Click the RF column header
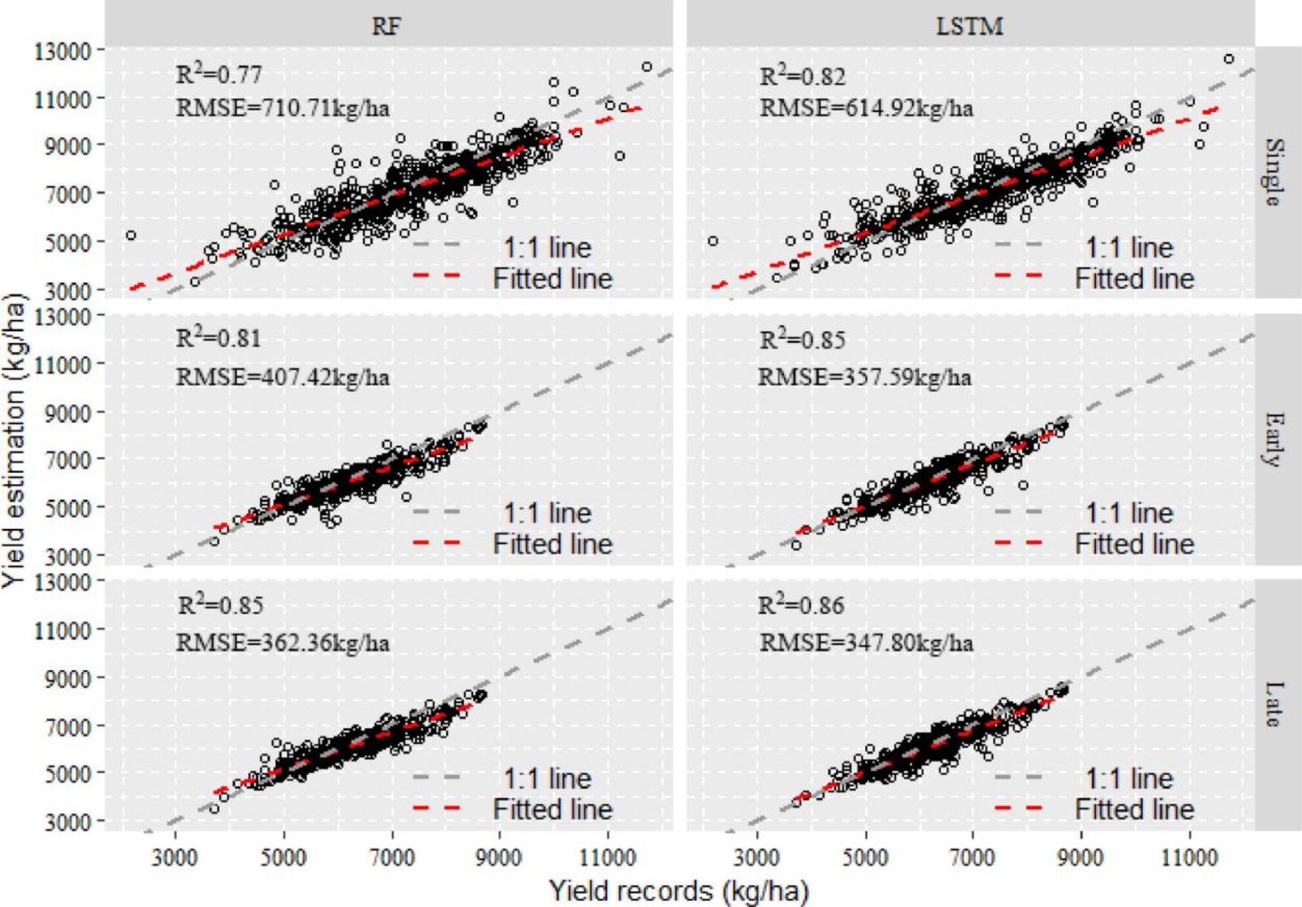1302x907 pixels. point(386,27)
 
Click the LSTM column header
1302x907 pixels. point(969,27)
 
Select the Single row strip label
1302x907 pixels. point(1272,172)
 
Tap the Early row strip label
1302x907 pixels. point(1272,439)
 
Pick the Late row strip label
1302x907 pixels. point(1272,704)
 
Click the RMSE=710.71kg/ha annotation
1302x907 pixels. point(283,108)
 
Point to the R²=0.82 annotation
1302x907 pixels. point(802,76)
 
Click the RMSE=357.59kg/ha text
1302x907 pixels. point(864,377)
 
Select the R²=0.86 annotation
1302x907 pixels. point(801,606)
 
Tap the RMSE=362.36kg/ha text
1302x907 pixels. point(283,643)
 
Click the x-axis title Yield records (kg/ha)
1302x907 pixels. point(679,890)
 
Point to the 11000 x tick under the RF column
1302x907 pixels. point(607,858)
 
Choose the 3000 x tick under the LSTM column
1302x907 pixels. point(757,858)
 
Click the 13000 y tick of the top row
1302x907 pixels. point(63,51)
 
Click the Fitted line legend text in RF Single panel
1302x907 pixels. point(552,279)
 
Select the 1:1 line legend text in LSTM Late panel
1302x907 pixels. point(1129,778)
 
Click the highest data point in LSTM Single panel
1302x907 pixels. point(1229,59)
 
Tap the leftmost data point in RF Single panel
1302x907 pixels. point(131,236)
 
